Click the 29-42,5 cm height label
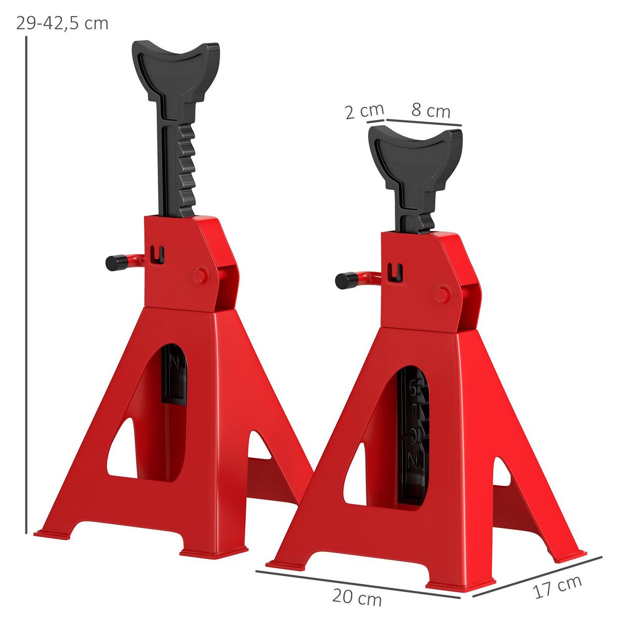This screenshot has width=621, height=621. [62, 23]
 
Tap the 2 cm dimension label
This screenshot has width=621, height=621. [364, 111]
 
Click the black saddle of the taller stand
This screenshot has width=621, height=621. [175, 65]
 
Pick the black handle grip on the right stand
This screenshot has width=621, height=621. [344, 281]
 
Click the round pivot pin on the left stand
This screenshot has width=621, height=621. [200, 275]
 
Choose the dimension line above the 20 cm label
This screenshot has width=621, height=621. [357, 584]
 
